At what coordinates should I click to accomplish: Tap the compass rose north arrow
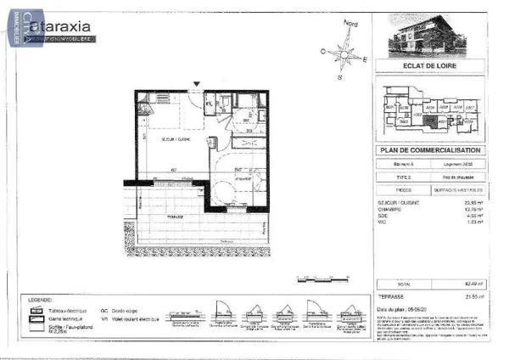point(346,34)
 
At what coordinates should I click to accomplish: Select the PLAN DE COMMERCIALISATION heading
point(432,150)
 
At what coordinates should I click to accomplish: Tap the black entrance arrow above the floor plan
point(197,84)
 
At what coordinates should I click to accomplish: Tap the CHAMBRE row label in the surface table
point(390,210)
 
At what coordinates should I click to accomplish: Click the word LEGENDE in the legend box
point(43,301)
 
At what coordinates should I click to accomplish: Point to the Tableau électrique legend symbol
point(37,312)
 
